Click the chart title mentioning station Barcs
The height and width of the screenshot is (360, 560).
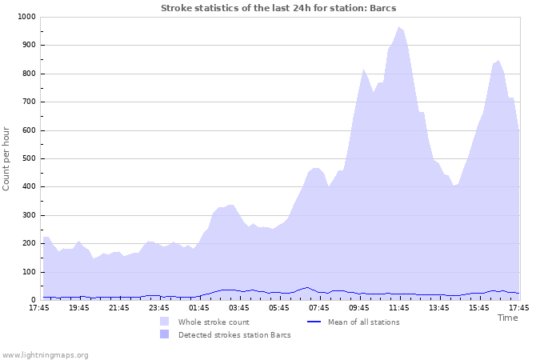278,8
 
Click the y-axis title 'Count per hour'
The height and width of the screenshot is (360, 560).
7,158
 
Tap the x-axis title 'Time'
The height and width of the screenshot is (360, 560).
507,318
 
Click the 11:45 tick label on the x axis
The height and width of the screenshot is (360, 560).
399,308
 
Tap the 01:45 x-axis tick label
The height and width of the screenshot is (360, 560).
199,308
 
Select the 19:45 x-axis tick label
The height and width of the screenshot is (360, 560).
79,308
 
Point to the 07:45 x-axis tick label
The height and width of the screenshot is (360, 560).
319,308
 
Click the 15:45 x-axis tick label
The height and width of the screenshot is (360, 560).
479,308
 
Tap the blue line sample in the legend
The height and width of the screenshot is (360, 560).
314,322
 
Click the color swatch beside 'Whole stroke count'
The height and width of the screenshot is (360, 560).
164,322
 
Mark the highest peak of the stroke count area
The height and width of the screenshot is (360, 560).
398,27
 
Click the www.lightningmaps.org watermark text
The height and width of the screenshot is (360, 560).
45,355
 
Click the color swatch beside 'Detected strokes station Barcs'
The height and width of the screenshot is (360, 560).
164,334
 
